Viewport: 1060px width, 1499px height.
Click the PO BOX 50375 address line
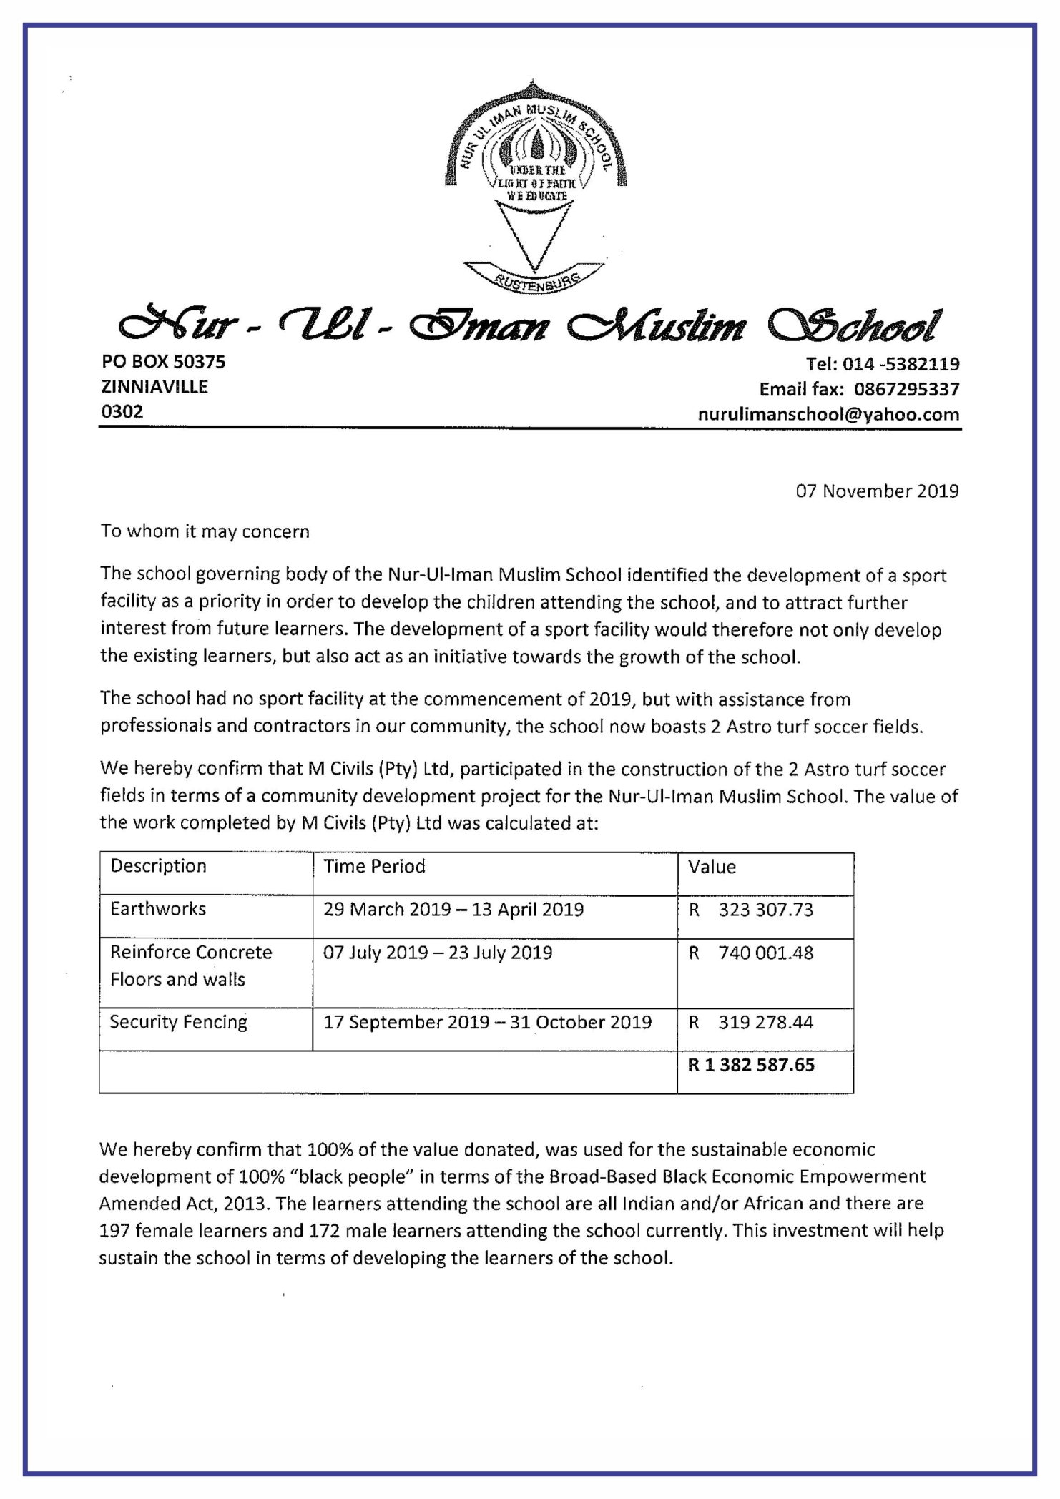tap(163, 362)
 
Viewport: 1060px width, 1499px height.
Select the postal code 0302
tap(122, 411)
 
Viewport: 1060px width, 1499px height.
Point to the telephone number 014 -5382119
tap(900, 364)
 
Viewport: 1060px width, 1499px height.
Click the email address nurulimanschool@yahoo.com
tap(828, 414)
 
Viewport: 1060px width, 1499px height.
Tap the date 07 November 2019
tap(877, 491)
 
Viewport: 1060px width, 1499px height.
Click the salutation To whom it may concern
tap(205, 531)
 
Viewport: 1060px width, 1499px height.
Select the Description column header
tap(158, 866)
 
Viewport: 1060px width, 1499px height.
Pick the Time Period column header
tap(374, 867)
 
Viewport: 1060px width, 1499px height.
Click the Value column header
tap(712, 867)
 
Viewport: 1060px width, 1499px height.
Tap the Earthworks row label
tap(158, 909)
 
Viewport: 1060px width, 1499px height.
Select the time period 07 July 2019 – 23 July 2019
tap(438, 953)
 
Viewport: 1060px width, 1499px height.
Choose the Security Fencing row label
tap(178, 1022)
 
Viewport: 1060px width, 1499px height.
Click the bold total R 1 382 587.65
tap(751, 1065)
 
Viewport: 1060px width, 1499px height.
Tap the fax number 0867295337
tap(906, 390)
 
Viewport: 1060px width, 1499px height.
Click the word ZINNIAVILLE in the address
tap(154, 387)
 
